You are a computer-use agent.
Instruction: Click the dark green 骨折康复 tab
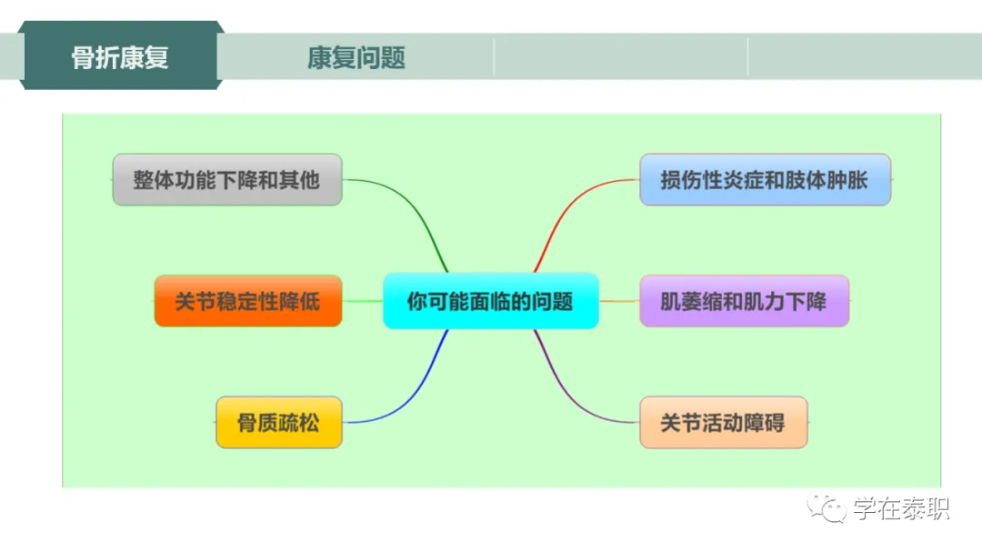pos(121,57)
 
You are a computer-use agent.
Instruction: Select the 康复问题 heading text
pos(356,58)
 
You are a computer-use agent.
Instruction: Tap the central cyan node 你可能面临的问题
pos(490,301)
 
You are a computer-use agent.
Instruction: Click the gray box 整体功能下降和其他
pos(226,180)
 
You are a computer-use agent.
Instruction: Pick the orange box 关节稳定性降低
pos(247,301)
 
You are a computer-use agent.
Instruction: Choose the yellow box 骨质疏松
pos(278,422)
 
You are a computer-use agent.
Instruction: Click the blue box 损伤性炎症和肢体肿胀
pos(764,180)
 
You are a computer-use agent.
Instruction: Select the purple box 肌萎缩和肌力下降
pos(744,301)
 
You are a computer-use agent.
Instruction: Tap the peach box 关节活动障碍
pos(723,422)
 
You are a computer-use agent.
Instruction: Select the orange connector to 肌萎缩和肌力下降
pos(618,301)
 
